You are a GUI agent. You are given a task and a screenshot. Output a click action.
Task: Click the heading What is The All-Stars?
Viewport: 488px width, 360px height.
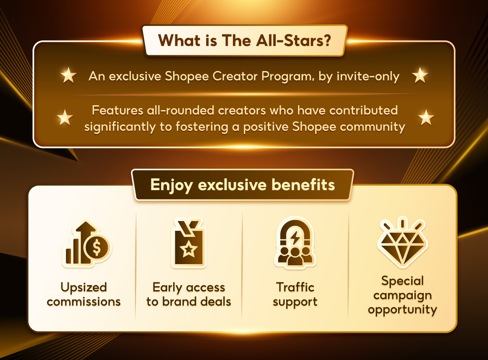[x=244, y=41]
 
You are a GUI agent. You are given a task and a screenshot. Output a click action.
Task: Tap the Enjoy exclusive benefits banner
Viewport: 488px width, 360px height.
[x=242, y=185]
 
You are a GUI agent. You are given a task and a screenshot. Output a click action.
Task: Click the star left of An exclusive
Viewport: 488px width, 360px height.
[x=68, y=75]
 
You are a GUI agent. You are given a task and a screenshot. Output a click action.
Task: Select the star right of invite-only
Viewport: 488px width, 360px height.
[x=420, y=75]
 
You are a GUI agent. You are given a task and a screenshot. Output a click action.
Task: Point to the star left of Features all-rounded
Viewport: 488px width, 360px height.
[x=65, y=117]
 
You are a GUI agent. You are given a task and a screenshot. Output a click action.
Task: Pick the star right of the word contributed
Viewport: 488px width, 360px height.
[x=426, y=117]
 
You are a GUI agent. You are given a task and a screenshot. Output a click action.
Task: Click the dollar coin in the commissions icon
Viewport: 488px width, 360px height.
[x=97, y=247]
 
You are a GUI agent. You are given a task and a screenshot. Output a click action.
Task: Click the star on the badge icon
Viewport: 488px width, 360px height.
[x=189, y=249]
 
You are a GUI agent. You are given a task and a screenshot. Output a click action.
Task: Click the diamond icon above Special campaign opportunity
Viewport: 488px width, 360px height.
[x=403, y=243]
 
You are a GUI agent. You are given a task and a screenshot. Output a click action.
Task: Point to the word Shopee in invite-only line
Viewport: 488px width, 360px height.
[x=187, y=76]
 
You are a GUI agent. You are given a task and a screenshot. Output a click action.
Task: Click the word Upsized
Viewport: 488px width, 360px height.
[x=84, y=288]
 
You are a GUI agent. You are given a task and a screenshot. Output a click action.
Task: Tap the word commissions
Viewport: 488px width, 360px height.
[x=84, y=302]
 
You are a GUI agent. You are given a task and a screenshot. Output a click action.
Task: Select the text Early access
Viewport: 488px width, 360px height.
[x=189, y=288]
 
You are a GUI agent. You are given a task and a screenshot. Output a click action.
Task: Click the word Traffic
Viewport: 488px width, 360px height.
[x=295, y=287]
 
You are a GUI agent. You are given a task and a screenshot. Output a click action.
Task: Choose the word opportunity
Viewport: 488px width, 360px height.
[x=403, y=310]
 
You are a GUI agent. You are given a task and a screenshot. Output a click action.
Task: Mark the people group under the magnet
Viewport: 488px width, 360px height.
[x=295, y=256]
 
